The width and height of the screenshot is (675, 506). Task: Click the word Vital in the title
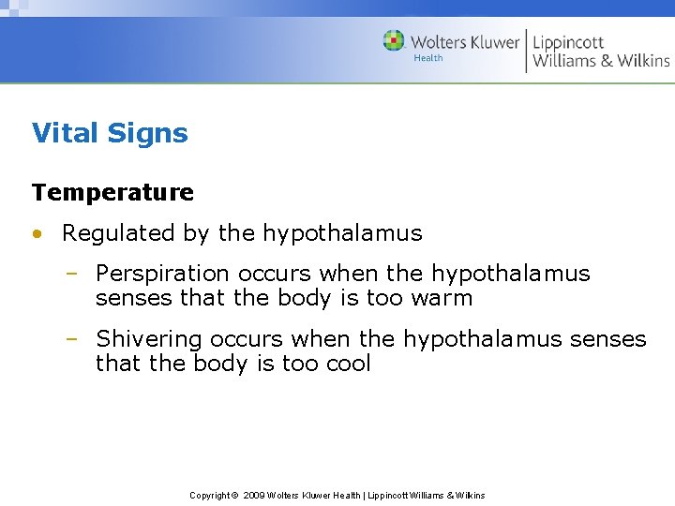(65, 133)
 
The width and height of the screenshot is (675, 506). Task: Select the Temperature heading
(112, 192)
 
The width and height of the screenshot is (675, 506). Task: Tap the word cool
(342, 364)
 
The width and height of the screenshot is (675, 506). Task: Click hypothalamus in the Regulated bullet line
(342, 233)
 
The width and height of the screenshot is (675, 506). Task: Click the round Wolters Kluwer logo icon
(394, 40)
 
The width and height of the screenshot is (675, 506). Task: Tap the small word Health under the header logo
(428, 58)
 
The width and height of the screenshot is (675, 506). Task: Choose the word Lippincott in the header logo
(568, 42)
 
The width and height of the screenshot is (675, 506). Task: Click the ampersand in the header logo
(607, 61)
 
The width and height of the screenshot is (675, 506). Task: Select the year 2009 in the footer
(253, 495)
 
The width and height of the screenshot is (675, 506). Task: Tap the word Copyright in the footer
(209, 495)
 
